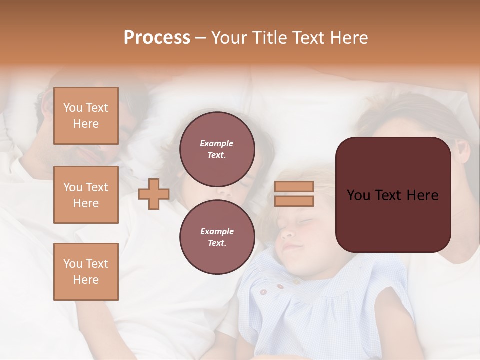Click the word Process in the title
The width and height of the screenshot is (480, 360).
[157, 38]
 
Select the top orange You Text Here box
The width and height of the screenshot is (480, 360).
[86, 116]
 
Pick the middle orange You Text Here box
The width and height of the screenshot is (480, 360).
[86, 195]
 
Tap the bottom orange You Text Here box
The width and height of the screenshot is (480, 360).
[86, 272]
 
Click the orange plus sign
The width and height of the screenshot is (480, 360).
[153, 194]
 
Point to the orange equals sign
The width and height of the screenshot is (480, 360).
[294, 194]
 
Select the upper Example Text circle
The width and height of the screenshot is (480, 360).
[217, 149]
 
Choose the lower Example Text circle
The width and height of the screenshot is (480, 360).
[217, 237]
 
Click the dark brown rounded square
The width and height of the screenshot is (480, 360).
[393, 195]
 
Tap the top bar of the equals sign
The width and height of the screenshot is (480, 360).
[294, 187]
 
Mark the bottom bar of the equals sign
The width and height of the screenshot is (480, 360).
[294, 201]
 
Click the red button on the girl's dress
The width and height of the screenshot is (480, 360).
[280, 287]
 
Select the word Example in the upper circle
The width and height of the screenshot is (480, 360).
[217, 143]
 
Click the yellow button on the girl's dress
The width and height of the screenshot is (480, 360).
[296, 282]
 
